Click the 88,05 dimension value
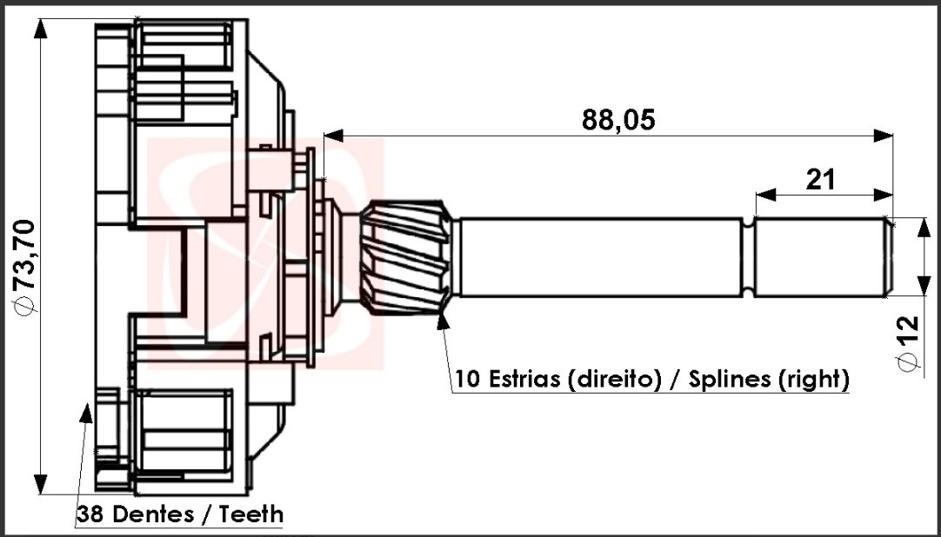(x=618, y=121)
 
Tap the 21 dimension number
(x=820, y=179)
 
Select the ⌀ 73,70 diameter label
(x=26, y=267)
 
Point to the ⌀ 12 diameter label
(x=908, y=343)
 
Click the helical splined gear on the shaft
(x=406, y=258)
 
